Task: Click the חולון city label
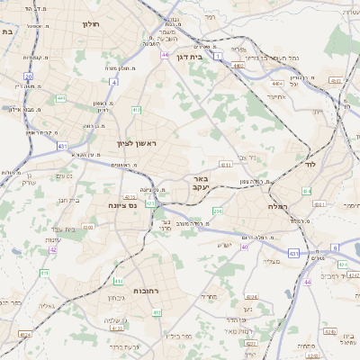91,24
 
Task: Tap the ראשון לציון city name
136,144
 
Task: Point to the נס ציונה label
121,205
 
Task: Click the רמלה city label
278,206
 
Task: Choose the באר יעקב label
200,184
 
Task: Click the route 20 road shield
29,77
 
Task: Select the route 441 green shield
60,98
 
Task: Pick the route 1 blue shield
218,56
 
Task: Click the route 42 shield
53,250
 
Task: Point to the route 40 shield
245,246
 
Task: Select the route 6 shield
334,247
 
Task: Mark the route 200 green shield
217,211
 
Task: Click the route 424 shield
252,296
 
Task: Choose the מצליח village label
271,261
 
